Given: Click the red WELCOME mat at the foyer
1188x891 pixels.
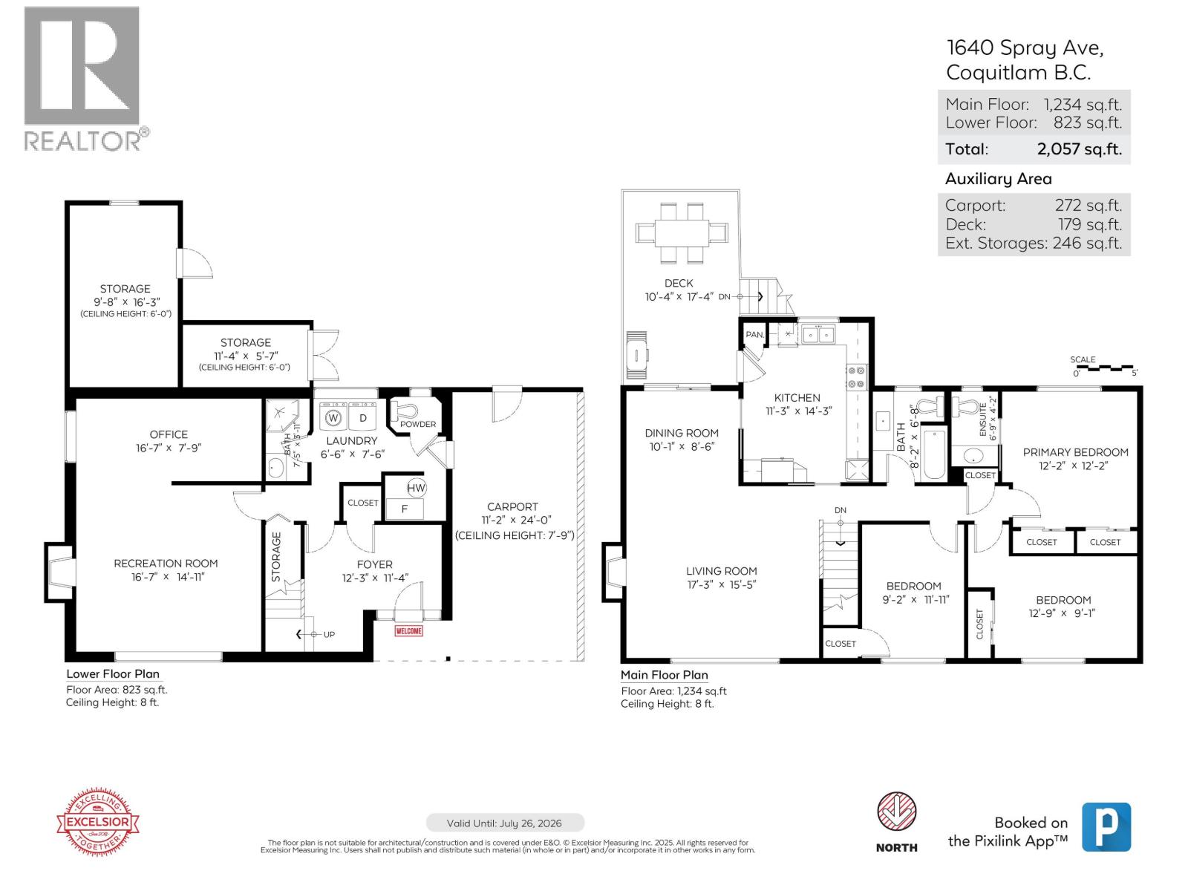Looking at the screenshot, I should (x=409, y=631).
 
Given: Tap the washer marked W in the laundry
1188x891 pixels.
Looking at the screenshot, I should (x=333, y=417).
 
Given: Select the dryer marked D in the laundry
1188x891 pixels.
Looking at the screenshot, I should (x=363, y=417).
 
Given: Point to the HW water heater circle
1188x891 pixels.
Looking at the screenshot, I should (x=416, y=488).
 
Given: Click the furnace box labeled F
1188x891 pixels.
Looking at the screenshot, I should (x=405, y=509).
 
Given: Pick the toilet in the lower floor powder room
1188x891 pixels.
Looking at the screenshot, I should (x=411, y=409).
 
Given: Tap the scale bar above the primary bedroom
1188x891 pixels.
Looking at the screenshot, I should (x=1104, y=368).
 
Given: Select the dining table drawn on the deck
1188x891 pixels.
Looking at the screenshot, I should (x=680, y=232).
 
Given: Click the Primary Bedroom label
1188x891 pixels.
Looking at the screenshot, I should (x=1075, y=452).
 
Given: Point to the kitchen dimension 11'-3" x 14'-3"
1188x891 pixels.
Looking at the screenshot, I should (x=797, y=411).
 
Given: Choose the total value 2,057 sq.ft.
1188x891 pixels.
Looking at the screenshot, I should (x=1079, y=148).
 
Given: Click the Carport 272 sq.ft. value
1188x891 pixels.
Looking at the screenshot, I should (x=1088, y=206).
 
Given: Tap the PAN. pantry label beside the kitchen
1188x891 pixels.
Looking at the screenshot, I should (x=754, y=335).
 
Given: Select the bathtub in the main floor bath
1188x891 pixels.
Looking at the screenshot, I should (x=932, y=454).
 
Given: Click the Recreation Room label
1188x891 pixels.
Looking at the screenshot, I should (x=166, y=564).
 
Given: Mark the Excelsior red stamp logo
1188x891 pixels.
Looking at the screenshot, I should (x=99, y=822).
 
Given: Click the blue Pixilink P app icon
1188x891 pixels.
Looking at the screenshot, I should (x=1106, y=826).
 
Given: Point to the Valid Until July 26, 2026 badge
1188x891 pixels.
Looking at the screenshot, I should (x=505, y=823).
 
